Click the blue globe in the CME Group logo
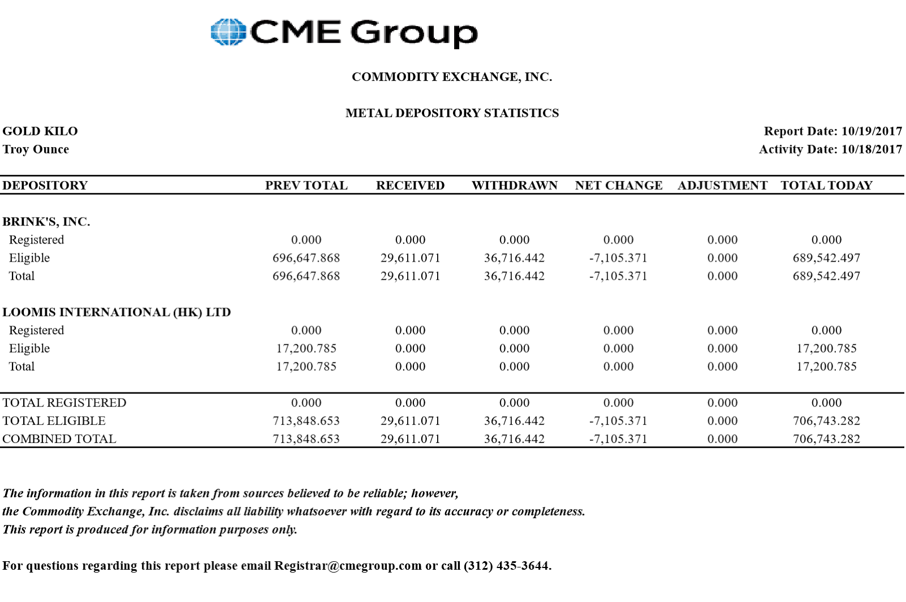pos(228,32)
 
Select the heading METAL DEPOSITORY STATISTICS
pos(452,113)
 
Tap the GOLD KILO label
pos(40,131)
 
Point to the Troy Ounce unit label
pos(36,150)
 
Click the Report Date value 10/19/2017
pos(871,131)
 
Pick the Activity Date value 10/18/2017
pos(871,150)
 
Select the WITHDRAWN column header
pos(514,186)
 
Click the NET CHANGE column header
pos(618,186)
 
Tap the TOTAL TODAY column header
pos(826,186)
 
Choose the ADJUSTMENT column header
pos(723,186)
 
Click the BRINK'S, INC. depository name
pos(46,222)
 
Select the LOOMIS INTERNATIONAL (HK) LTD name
pos(117,313)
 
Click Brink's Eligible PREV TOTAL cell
pos(306,258)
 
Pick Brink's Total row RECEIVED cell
pos(410,276)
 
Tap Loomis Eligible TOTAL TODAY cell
pos(826,349)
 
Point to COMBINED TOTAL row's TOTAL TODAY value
pos(826,439)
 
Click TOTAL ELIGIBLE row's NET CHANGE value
pos(618,421)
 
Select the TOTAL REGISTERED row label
pos(65,403)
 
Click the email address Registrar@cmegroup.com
pos(348,566)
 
